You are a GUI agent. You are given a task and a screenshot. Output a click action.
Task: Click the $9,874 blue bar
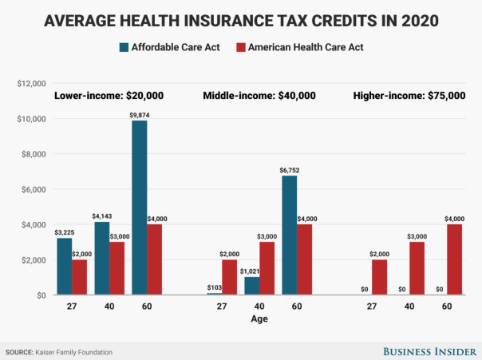coord(140,208)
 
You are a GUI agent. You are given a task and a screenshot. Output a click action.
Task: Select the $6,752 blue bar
coord(289,235)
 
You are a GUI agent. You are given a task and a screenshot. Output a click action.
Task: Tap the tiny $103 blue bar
coord(214,294)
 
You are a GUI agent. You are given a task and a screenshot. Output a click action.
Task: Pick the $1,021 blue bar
coord(251,286)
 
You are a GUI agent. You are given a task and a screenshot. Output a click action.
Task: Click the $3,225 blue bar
coord(65,267)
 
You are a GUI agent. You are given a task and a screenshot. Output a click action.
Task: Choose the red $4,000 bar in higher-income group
coord(454,260)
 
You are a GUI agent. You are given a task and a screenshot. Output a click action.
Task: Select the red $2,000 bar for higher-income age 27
coord(378,278)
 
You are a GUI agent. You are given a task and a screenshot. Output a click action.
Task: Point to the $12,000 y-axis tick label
coord(32,83)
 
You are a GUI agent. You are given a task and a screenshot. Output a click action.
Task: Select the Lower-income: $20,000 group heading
coord(109,96)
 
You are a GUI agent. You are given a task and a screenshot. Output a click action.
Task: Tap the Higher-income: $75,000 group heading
coord(409,96)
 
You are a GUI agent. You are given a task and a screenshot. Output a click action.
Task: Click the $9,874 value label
coord(140,114)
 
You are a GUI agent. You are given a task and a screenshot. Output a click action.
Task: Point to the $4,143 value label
coord(103,216)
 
